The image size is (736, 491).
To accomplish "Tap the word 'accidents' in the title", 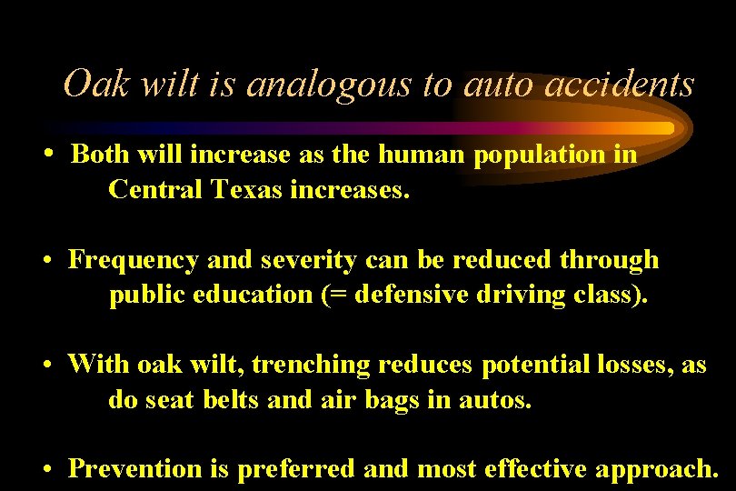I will [x=625, y=85].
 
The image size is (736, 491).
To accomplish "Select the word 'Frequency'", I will [x=134, y=260].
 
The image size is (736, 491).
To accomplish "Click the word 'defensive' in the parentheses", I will [x=419, y=295].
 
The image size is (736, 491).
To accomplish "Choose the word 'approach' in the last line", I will [x=651, y=468].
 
